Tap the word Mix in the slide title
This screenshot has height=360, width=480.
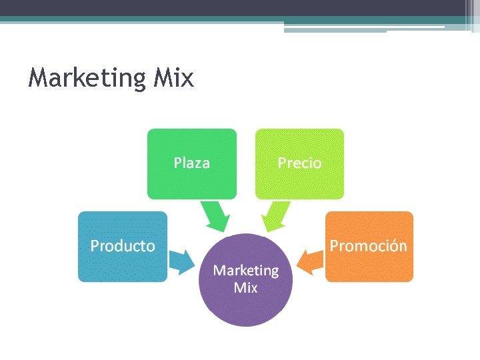pyautogui.click(x=173, y=78)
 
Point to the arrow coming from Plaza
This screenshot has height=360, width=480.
pyautogui.click(x=215, y=217)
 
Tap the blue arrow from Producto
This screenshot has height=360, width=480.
pyautogui.click(x=180, y=262)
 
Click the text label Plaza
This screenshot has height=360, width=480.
pyautogui.click(x=192, y=163)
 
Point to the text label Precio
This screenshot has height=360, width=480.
pyautogui.click(x=299, y=163)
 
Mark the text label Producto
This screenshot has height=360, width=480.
pyautogui.click(x=123, y=246)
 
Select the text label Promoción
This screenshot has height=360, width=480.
pyautogui.click(x=369, y=245)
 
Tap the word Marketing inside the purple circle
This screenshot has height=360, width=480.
pyautogui.click(x=245, y=271)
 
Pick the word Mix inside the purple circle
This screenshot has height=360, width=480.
pyautogui.click(x=245, y=288)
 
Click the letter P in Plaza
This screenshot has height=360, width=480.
pyautogui.click(x=178, y=163)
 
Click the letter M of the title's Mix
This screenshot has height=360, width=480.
pyautogui.click(x=162, y=78)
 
